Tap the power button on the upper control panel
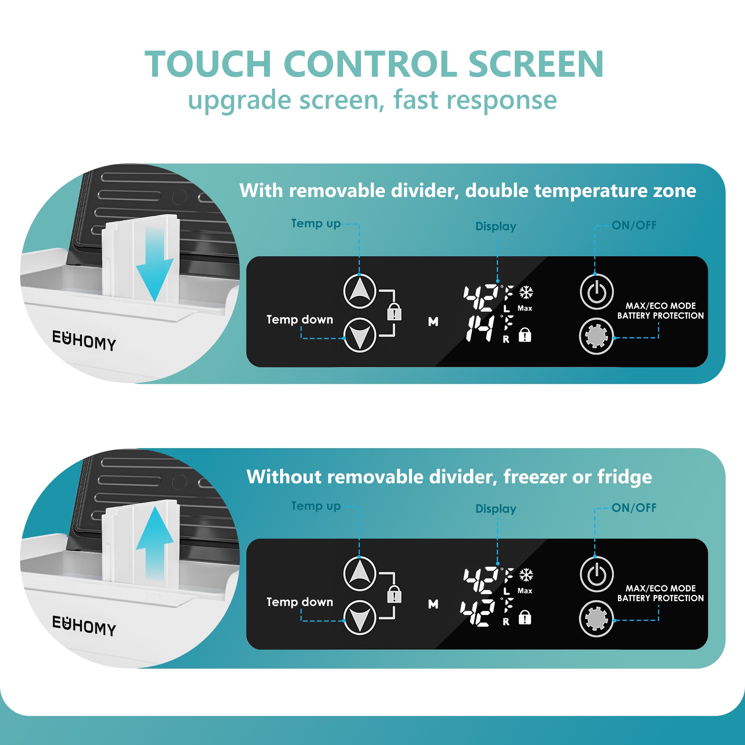pyautogui.click(x=596, y=292)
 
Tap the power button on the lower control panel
pyautogui.click(x=596, y=574)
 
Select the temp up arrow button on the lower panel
pyautogui.click(x=359, y=573)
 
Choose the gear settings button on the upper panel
pyautogui.click(x=596, y=336)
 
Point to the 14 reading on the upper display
pyautogui.click(x=480, y=329)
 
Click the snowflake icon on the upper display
pyautogui.click(x=526, y=292)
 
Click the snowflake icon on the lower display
pyautogui.click(x=526, y=574)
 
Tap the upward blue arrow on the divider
pyautogui.click(x=155, y=540)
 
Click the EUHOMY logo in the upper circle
pyautogui.click(x=84, y=340)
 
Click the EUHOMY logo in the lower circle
pyautogui.click(x=84, y=625)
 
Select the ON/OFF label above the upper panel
pyautogui.click(x=634, y=225)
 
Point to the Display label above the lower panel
pyautogui.click(x=495, y=508)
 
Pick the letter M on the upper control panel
pyautogui.click(x=433, y=321)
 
